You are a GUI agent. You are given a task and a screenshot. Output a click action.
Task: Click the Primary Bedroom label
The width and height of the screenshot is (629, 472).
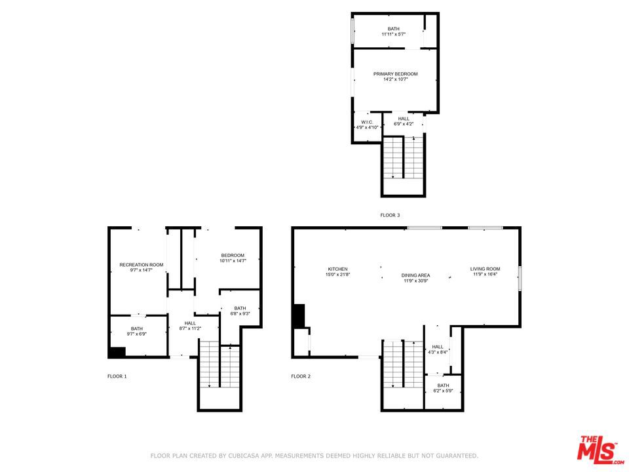395,74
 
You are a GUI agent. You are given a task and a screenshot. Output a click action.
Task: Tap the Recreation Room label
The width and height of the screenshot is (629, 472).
141,265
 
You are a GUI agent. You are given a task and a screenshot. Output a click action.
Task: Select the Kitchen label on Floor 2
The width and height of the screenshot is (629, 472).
337,269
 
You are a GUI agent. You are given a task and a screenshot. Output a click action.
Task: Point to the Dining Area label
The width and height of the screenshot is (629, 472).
415,275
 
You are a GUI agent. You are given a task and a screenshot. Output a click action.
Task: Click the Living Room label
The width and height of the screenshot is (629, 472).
485,269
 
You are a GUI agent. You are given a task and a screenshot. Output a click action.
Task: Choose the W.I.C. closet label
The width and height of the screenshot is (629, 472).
367,123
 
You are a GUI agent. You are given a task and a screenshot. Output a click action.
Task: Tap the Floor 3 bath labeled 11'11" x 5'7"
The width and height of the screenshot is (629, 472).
393,29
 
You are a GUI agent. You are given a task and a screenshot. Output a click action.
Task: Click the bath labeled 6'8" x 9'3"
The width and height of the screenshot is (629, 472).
240,308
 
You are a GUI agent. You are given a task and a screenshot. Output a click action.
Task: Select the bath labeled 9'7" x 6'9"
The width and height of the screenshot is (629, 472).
136,329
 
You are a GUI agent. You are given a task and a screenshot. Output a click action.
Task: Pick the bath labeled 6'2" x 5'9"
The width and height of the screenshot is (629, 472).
443,385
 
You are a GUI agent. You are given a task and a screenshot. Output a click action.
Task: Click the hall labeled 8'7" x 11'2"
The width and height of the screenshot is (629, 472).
189,323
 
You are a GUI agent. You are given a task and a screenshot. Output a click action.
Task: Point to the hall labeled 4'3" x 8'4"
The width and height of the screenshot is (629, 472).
438,347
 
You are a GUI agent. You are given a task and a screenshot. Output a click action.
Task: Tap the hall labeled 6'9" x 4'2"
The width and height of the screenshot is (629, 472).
404,119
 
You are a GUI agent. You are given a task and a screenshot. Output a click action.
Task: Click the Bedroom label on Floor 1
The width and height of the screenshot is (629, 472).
232,256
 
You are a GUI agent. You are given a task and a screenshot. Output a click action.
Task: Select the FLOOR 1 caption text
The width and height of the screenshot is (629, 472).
117,376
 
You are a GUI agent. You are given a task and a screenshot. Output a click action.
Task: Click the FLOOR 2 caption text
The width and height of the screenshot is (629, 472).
301,376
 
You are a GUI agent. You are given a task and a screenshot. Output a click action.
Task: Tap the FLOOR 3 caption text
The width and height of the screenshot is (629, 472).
390,215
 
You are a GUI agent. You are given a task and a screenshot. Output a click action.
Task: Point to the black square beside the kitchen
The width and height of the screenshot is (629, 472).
299,316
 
